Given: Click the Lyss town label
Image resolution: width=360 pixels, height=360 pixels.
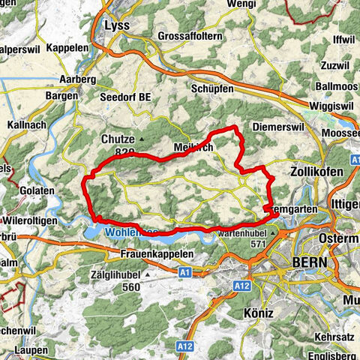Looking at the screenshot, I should coord(118,25).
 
